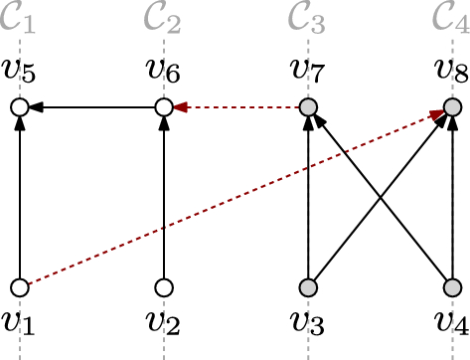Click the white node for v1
coord(19,287)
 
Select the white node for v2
coord(164,287)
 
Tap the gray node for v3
coord(310,287)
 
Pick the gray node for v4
coord(452,287)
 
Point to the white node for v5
coord(19,106)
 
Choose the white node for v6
coord(164,106)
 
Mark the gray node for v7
coord(310,106)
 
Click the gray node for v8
coord(452,106)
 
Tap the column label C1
coord(18,17)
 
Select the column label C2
coord(162,17)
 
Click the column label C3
coord(308,17)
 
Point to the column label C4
coord(451,17)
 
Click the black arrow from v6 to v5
coord(91,106)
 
